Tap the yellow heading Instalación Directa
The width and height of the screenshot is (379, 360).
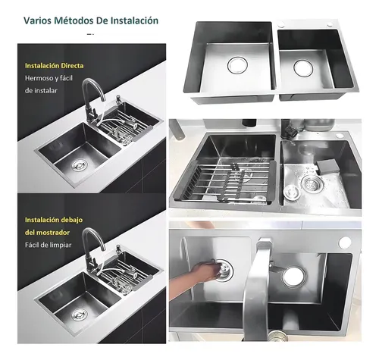(54, 66)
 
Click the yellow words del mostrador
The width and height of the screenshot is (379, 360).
(47, 232)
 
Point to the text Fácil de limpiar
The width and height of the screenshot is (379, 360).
(48, 245)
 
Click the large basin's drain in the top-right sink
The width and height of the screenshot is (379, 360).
(237, 65)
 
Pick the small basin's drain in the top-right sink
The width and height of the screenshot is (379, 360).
(303, 67)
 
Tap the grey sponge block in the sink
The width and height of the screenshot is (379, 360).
(327, 166)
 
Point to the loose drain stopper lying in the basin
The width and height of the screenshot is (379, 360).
(292, 193)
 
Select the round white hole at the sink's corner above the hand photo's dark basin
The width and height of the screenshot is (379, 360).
(345, 243)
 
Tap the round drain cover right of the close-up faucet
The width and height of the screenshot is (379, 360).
(294, 277)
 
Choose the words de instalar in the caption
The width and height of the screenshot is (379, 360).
(41, 91)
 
